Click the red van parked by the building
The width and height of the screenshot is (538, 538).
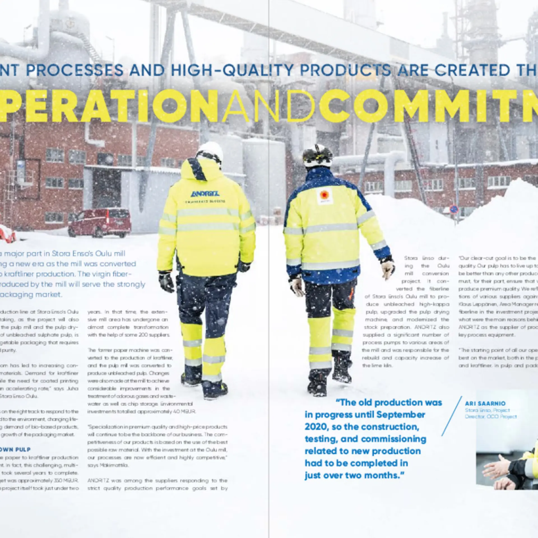(x=99, y=222)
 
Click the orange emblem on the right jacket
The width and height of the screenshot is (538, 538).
(x=324, y=195)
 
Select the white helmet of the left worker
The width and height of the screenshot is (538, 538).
(x=210, y=151)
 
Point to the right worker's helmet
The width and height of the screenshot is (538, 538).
(x=317, y=155)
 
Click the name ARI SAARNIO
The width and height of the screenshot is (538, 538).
(x=485, y=403)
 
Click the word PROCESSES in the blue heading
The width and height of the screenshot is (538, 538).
(x=75, y=70)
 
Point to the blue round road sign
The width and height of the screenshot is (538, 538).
(x=454, y=209)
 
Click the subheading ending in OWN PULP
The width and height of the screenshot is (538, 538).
(x=15, y=449)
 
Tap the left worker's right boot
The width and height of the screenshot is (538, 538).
(x=215, y=389)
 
